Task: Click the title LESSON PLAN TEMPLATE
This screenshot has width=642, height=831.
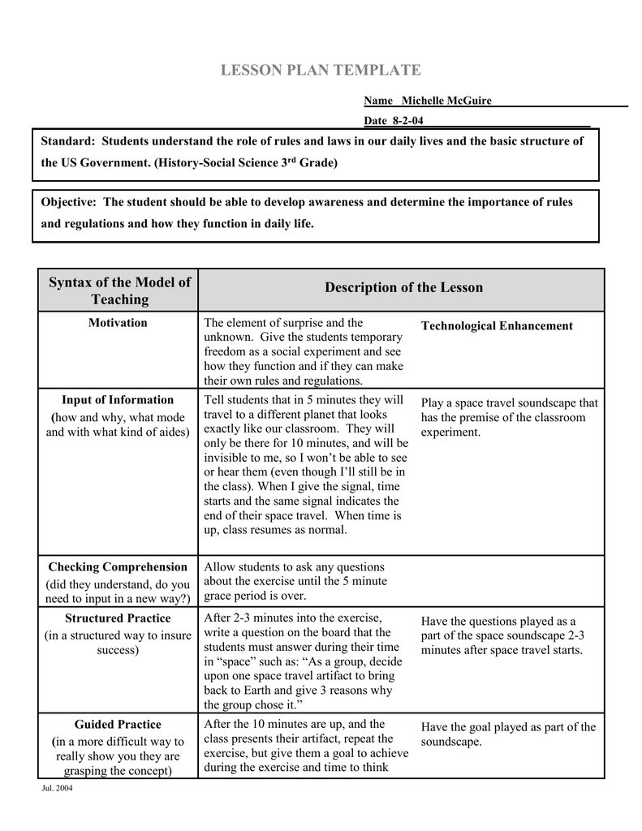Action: (321, 71)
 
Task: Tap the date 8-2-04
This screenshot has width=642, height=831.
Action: (407, 121)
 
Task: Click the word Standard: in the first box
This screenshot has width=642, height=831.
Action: (69, 141)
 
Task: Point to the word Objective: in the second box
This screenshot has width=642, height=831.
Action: (71, 202)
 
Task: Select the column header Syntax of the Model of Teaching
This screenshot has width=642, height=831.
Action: (119, 291)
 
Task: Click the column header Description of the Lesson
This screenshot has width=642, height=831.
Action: (403, 287)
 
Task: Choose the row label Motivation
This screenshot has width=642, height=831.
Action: (118, 323)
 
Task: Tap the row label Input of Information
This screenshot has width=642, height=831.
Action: (118, 400)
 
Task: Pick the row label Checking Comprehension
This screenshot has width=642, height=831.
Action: (118, 567)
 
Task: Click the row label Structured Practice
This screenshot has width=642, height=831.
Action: (118, 618)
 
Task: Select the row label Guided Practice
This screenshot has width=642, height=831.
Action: (118, 725)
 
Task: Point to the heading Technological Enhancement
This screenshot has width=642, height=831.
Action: (497, 326)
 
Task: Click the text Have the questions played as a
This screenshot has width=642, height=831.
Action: (498, 622)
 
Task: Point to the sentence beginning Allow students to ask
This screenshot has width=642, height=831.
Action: (294, 567)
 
